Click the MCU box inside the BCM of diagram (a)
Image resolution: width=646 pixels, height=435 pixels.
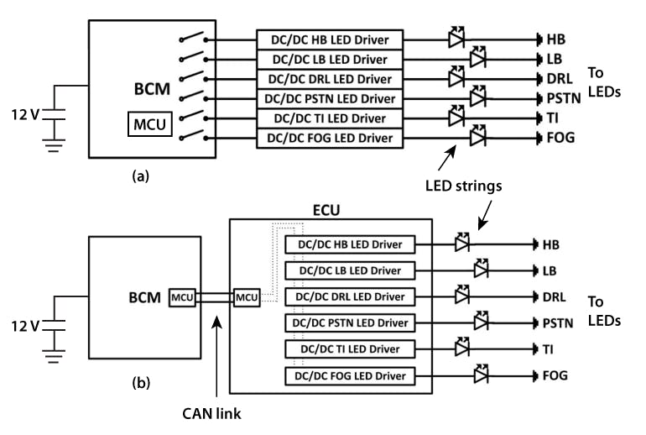click(150, 124)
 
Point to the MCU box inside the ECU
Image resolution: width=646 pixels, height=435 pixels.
click(247, 296)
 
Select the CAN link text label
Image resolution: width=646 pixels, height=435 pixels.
click(216, 413)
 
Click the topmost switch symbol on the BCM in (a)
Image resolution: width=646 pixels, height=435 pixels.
click(195, 39)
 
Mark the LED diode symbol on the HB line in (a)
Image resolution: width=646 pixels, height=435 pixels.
click(457, 39)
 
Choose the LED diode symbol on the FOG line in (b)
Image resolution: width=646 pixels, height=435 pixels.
click(482, 375)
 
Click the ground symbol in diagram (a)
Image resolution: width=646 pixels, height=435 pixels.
click(55, 145)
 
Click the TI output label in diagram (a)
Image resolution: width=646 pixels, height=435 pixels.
click(554, 118)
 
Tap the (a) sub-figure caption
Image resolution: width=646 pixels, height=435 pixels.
click(141, 176)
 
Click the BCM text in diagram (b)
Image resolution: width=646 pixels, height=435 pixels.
click(143, 296)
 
